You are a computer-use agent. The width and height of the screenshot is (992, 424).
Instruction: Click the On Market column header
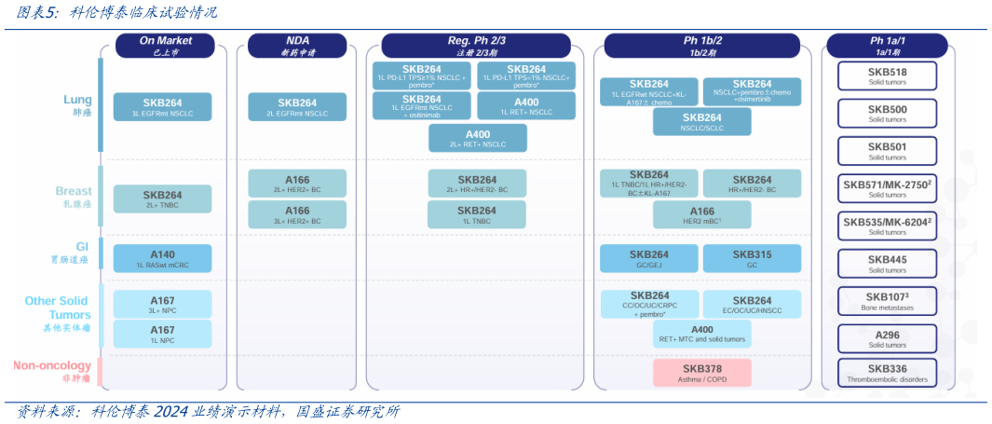(x=166, y=46)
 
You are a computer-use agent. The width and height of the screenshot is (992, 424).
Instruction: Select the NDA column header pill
(x=297, y=46)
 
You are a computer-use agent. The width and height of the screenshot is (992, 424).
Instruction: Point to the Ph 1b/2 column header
(x=702, y=46)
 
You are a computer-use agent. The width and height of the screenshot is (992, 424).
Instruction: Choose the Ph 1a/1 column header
(x=887, y=46)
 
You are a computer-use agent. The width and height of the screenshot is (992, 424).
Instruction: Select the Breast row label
(x=73, y=197)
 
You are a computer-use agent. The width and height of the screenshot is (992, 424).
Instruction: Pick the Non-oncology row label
(x=52, y=371)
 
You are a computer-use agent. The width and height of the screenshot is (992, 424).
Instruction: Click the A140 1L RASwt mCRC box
(x=162, y=258)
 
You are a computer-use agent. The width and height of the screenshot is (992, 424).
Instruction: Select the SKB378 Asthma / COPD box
(x=701, y=373)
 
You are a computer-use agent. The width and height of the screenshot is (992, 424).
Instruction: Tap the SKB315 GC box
(x=752, y=258)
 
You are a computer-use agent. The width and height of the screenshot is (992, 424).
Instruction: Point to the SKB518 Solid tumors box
(x=887, y=75)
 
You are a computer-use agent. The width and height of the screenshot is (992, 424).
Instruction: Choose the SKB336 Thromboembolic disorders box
(x=887, y=373)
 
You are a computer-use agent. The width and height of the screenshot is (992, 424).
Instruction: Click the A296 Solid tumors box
(x=887, y=337)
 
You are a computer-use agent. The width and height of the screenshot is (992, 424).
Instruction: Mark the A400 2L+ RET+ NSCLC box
(x=477, y=138)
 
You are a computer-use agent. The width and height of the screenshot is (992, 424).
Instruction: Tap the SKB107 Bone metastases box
(x=887, y=300)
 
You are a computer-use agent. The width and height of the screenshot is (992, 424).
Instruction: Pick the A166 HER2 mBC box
(x=701, y=215)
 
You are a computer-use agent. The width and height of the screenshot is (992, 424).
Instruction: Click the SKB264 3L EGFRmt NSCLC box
(x=162, y=106)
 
